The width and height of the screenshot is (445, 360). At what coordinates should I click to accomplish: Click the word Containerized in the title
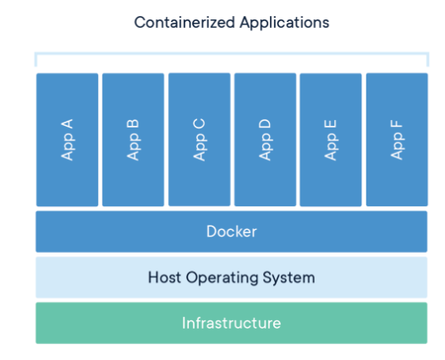[184, 22]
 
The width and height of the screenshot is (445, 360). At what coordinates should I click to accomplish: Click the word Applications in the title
[284, 24]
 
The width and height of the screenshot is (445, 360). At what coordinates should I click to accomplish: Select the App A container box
[68, 139]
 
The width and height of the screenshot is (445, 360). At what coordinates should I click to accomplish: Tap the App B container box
[133, 139]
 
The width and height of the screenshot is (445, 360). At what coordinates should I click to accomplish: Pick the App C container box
[199, 139]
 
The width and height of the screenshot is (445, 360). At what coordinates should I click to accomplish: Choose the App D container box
[265, 139]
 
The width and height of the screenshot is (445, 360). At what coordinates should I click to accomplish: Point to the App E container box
[331, 139]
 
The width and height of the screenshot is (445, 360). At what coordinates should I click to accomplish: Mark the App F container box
[397, 139]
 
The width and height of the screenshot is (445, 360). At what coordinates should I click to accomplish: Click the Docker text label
[232, 232]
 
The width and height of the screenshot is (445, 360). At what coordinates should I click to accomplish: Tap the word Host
[164, 277]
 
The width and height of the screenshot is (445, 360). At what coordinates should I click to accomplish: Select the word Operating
[222, 278]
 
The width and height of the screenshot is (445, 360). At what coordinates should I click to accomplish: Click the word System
[288, 278]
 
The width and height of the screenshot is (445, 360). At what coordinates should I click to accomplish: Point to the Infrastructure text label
[232, 323]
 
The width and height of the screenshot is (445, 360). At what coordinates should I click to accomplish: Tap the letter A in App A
[68, 124]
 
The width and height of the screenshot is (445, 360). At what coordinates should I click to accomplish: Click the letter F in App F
[397, 124]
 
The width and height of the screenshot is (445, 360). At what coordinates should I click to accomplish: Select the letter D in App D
[265, 124]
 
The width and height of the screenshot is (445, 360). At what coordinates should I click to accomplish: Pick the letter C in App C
[199, 124]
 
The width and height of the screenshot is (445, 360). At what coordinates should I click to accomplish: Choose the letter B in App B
[133, 125]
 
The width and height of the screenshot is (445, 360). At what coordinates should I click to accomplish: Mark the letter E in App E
[331, 125]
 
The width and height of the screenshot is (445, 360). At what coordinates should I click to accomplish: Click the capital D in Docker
[212, 232]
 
